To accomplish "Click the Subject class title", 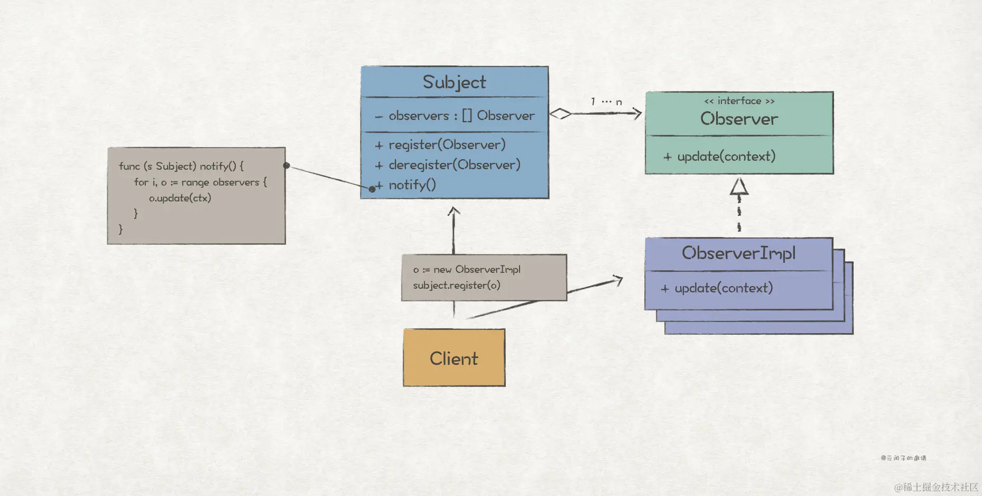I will [x=454, y=82].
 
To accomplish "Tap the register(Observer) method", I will [x=447, y=145].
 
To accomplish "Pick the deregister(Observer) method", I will [x=454, y=165].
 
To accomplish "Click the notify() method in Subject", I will [x=412, y=185].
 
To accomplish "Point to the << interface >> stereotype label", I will [x=739, y=101].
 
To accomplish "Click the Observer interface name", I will [x=739, y=119].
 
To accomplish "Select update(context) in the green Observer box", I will [x=726, y=157].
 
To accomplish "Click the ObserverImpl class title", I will [x=738, y=253].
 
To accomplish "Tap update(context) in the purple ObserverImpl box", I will [x=723, y=288].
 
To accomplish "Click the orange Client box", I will [x=454, y=358].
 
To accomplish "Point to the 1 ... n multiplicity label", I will [x=606, y=102].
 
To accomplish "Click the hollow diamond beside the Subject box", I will [x=560, y=114].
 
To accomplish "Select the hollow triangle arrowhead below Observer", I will [x=739, y=187].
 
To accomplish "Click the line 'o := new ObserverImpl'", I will [x=467, y=270].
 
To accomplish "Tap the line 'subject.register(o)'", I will [x=456, y=286].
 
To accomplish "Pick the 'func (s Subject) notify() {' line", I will [x=181, y=166].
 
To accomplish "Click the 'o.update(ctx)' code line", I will [x=180, y=198].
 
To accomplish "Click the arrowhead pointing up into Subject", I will [x=453, y=212].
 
